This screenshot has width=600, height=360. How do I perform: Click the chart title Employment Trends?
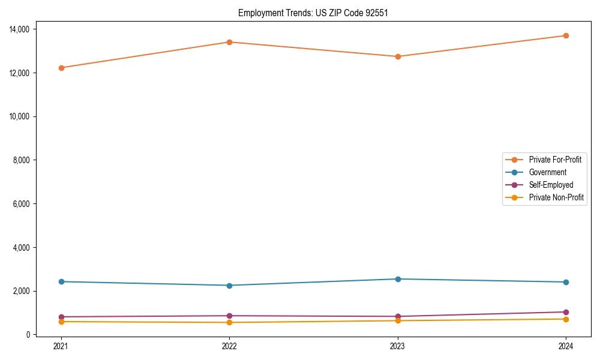coord(313,13)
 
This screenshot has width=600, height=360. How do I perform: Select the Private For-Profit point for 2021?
coord(61,68)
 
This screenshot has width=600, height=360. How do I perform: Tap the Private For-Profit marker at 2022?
coord(229,42)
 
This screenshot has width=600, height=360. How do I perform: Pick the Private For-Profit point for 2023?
coord(398,56)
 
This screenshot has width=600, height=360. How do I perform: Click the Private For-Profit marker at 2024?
coord(566,35)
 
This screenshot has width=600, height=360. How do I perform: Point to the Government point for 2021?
coord(61,281)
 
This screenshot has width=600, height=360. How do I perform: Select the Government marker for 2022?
coord(229,285)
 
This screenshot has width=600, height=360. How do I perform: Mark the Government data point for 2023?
coord(398,279)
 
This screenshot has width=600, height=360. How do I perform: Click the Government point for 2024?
coord(566,282)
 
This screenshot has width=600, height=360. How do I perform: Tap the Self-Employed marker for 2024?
coord(566,312)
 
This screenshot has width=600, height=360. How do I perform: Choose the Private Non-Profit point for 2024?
coord(566,319)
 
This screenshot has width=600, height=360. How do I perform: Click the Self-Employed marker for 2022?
coord(229,316)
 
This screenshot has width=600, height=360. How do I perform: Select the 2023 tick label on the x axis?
coord(398,346)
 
